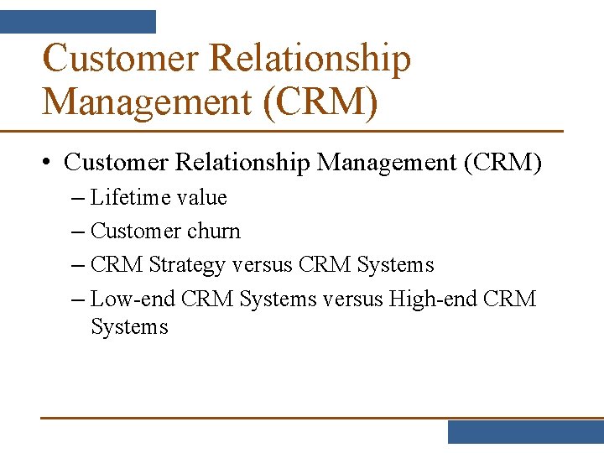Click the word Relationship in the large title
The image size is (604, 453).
click(310, 60)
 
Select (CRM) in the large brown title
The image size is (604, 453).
click(320, 102)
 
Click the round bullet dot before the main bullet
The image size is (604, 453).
click(49, 162)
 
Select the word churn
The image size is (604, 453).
click(215, 232)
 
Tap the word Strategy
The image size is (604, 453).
click(187, 265)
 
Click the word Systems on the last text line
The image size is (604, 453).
click(129, 327)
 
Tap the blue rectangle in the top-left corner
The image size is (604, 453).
click(78, 21)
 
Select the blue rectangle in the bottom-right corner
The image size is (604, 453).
click(525, 431)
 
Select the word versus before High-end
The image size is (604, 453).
click(352, 299)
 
